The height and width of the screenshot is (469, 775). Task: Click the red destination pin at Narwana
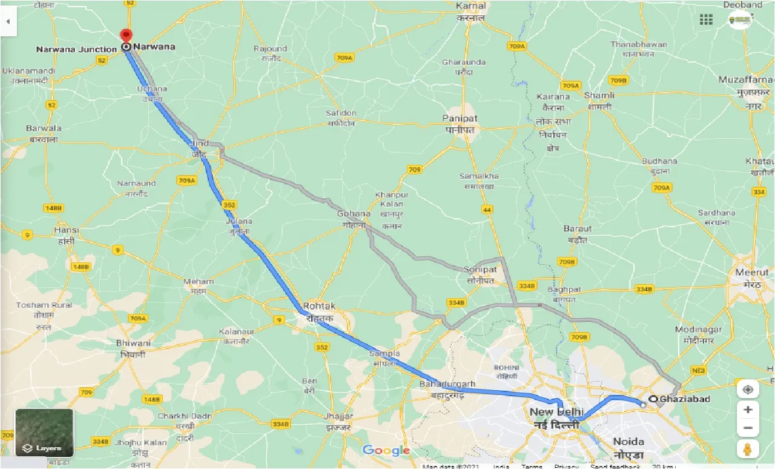(126, 36)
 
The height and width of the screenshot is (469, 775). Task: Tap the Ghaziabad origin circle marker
(653, 399)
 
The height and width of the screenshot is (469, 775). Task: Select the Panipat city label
(460, 124)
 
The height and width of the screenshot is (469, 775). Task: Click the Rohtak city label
(319, 311)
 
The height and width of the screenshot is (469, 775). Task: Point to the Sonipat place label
(480, 274)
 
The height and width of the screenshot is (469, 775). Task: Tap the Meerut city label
(752, 278)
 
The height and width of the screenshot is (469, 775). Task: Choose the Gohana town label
(354, 219)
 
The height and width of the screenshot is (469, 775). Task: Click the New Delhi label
(556, 418)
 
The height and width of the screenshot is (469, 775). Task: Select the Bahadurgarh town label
(447, 389)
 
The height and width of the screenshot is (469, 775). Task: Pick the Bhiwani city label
(132, 348)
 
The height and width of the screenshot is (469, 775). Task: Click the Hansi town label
(66, 235)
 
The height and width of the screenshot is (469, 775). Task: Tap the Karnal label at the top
(472, 11)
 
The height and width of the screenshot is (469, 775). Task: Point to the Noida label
(628, 447)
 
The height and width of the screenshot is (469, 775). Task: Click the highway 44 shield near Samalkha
(487, 209)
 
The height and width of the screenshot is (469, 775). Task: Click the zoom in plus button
(748, 410)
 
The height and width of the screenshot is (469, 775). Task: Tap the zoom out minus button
(748, 429)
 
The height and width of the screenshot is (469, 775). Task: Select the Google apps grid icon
(706, 19)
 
